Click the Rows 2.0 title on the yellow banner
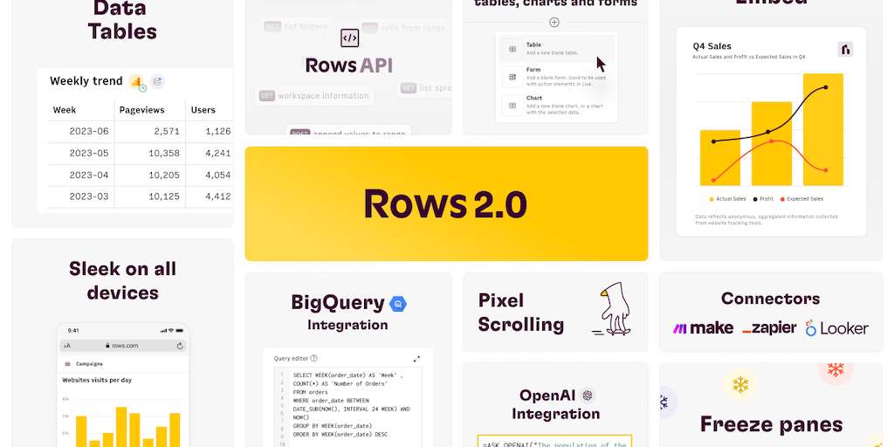click(445, 203)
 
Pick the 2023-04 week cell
click(89, 175)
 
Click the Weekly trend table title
click(86, 81)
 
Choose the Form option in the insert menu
click(533, 70)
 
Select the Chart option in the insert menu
click(534, 99)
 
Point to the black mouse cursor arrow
click(601, 64)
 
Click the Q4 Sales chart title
click(712, 46)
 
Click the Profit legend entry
click(764, 199)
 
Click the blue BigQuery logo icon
click(398, 304)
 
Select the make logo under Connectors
click(703, 328)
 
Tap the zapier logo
click(769, 328)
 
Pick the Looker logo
click(836, 328)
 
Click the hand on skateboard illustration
click(610, 310)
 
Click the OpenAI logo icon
click(588, 395)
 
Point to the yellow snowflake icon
click(741, 384)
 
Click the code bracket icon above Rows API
click(349, 38)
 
